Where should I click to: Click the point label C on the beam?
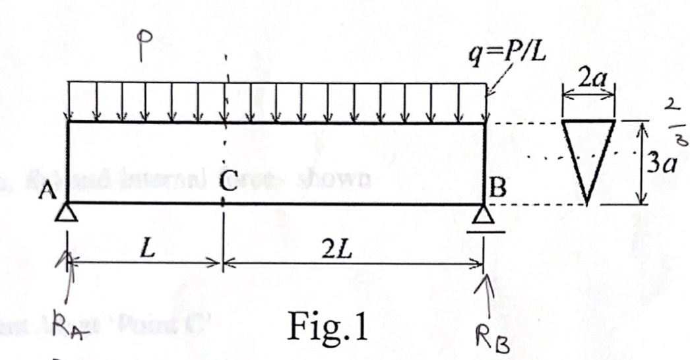(230, 187)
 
